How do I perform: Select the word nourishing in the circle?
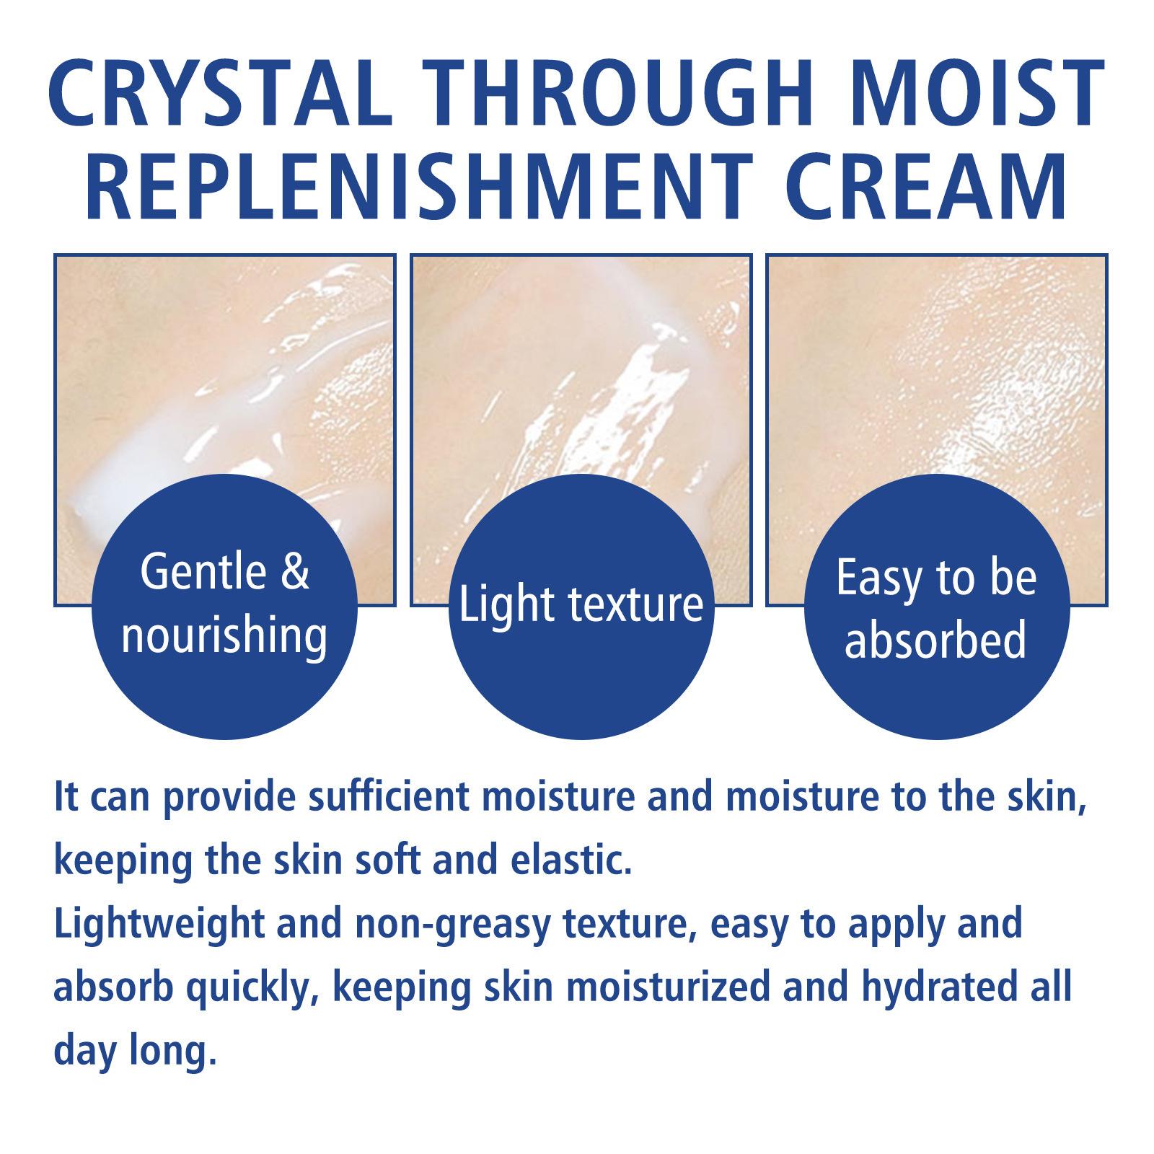(x=224, y=635)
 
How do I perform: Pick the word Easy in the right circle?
(x=883, y=579)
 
